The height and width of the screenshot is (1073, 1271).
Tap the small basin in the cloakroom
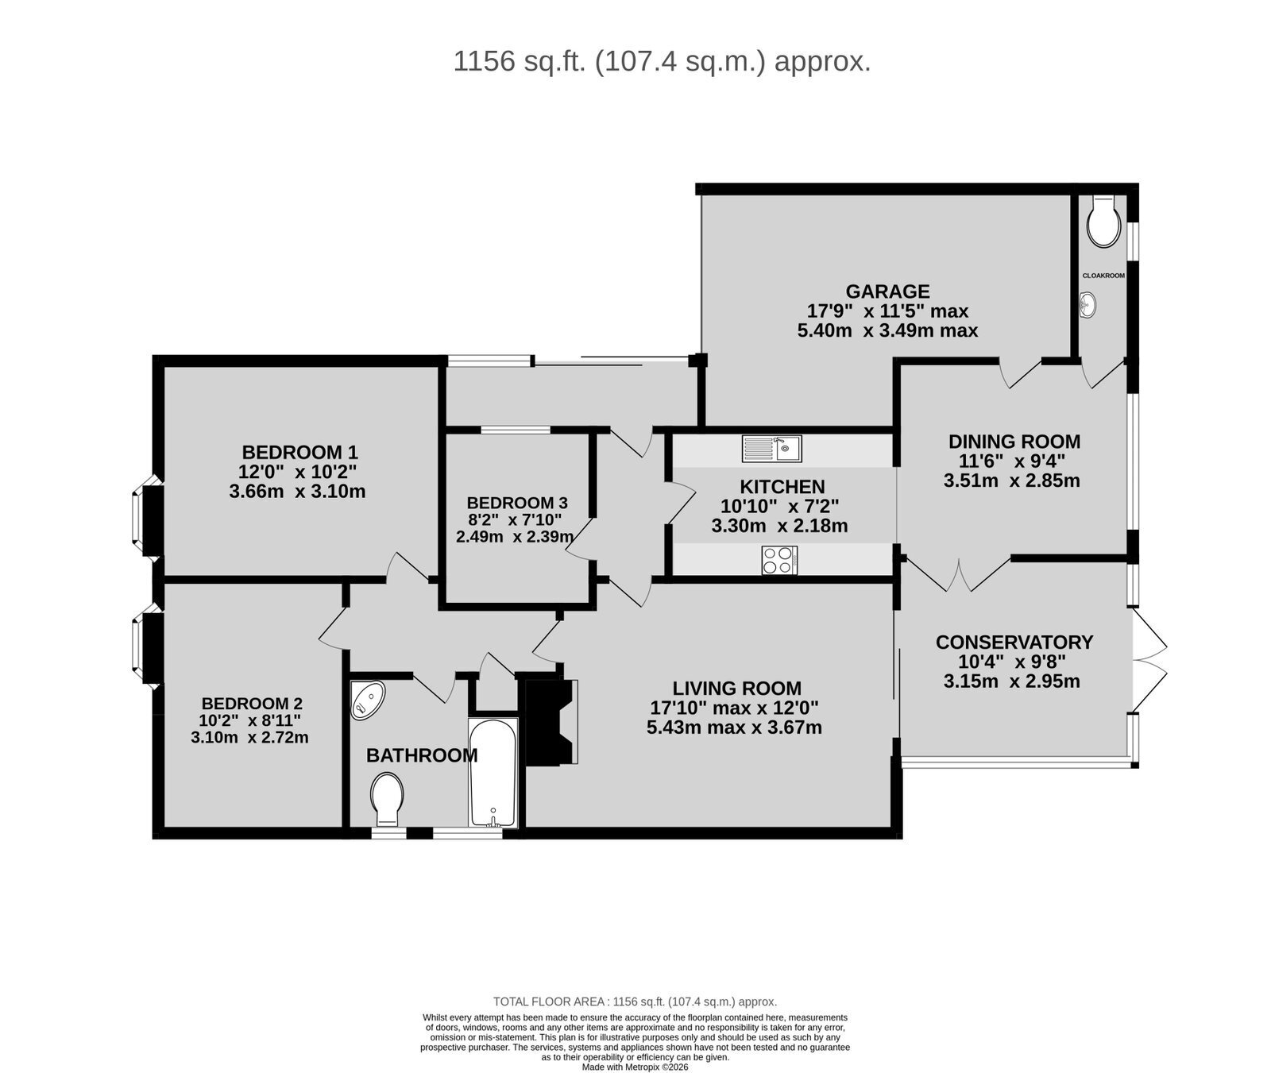pyautogui.click(x=1089, y=303)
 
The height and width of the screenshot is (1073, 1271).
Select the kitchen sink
pyautogui.click(x=771, y=448)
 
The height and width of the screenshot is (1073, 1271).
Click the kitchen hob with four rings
pyautogui.click(x=779, y=560)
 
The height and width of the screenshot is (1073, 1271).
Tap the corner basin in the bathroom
pyautogui.click(x=366, y=700)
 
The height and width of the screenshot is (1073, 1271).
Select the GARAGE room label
pyautogui.click(x=887, y=291)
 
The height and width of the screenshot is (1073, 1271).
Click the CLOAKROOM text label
pyautogui.click(x=1103, y=276)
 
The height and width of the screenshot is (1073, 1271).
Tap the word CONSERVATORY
pyautogui.click(x=1014, y=642)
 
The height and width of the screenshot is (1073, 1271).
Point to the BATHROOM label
pyautogui.click(x=422, y=755)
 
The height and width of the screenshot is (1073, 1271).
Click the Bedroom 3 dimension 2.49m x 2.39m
pyautogui.click(x=515, y=537)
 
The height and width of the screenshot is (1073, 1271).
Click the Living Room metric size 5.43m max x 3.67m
pyautogui.click(x=734, y=728)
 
